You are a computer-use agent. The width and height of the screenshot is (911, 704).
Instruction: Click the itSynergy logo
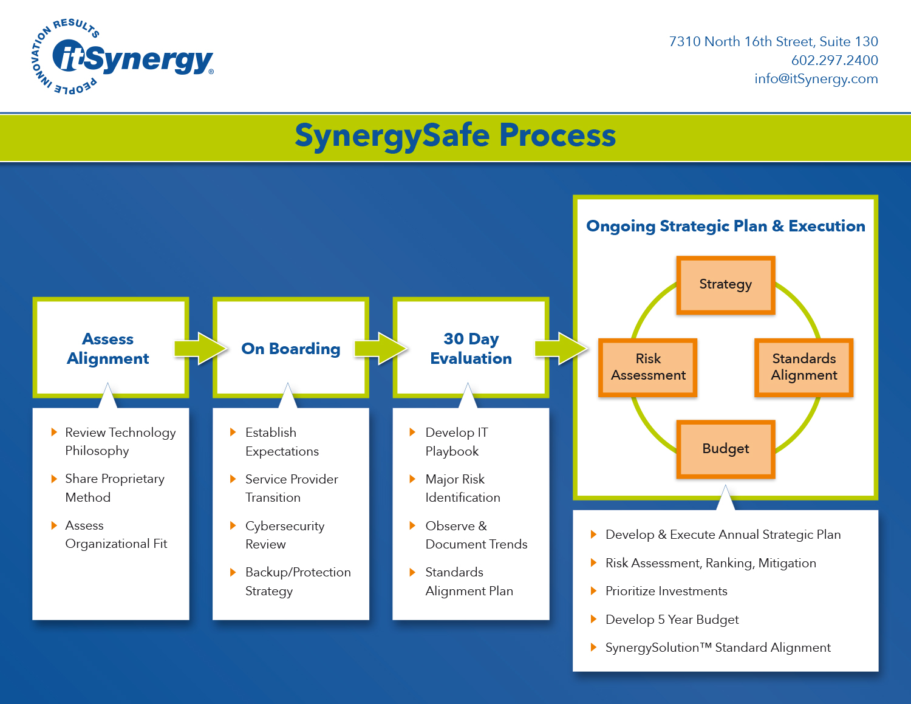(x=121, y=58)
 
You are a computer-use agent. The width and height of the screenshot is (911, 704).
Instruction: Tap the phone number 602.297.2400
(x=834, y=60)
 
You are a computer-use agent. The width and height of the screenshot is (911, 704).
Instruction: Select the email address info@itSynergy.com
(x=816, y=79)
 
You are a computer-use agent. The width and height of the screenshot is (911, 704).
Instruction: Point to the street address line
(x=773, y=41)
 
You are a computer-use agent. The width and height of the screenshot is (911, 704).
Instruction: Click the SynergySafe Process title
(x=455, y=135)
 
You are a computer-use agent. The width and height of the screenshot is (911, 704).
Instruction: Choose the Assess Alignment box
(x=108, y=349)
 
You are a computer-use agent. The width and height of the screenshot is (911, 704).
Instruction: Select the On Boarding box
(x=290, y=349)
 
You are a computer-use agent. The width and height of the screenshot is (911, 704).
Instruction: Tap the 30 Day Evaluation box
(x=471, y=349)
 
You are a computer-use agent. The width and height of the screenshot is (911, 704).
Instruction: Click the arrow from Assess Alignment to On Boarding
(x=200, y=349)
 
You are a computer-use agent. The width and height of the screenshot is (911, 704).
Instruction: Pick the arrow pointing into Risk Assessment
(x=561, y=349)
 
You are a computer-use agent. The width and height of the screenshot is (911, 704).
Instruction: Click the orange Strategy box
(x=725, y=285)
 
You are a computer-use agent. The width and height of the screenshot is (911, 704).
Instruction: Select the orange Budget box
(x=725, y=449)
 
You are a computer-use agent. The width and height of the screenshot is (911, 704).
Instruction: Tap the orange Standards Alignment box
(x=804, y=367)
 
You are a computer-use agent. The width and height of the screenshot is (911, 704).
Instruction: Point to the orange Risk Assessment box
(x=648, y=367)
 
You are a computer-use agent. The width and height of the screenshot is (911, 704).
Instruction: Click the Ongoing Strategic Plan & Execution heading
(x=725, y=226)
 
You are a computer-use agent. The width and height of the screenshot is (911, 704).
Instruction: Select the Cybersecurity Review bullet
(x=284, y=535)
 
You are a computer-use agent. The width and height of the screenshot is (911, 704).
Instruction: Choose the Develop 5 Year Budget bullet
(x=672, y=620)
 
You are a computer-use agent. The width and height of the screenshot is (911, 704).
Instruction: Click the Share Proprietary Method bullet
(x=114, y=488)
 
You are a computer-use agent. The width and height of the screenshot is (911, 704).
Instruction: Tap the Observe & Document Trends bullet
(x=476, y=535)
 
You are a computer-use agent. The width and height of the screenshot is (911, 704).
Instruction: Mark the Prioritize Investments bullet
(x=666, y=591)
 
